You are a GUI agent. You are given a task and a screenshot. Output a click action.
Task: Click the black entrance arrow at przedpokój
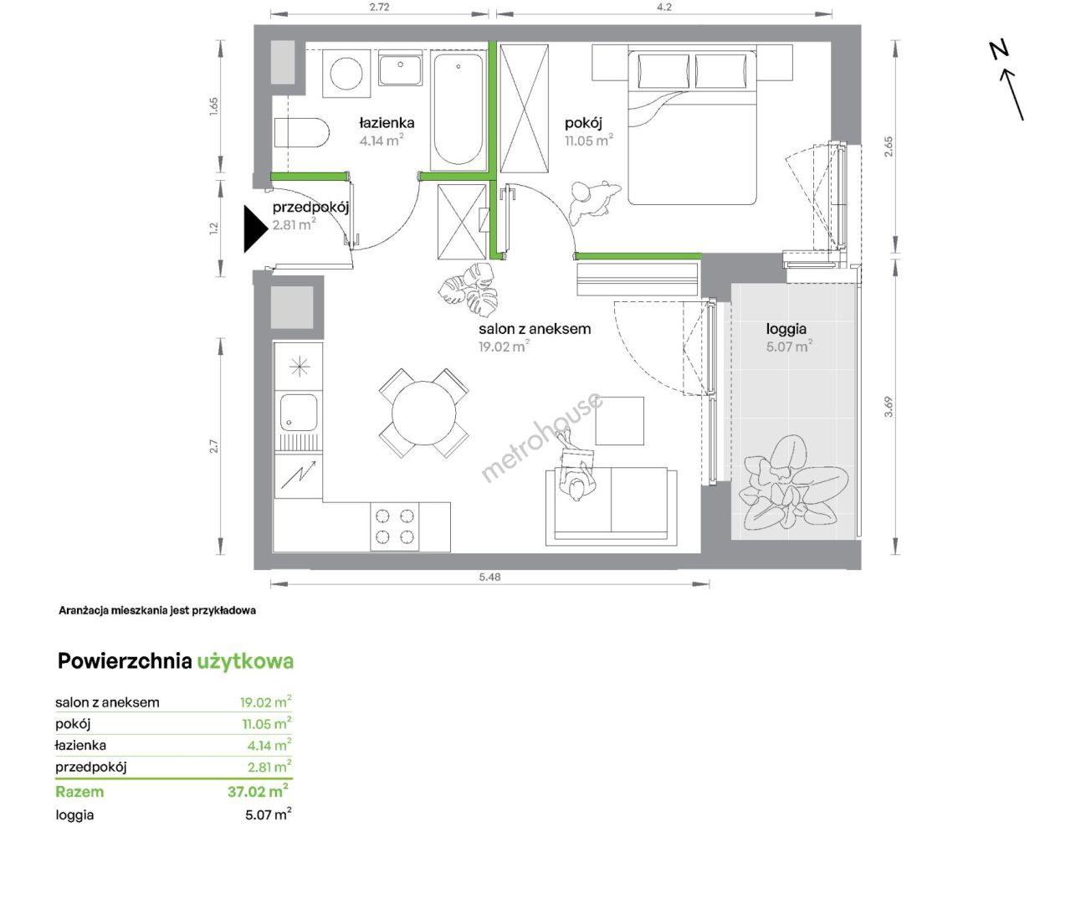[x=255, y=229]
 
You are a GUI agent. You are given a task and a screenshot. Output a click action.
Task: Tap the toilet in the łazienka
[x=301, y=133]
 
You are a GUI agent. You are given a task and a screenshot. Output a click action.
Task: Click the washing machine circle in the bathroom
[x=346, y=74]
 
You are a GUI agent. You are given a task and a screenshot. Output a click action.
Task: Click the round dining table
[x=423, y=413]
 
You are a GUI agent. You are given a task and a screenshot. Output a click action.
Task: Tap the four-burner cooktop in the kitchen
[x=395, y=526]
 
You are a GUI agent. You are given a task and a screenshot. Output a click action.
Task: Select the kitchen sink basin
[x=299, y=413]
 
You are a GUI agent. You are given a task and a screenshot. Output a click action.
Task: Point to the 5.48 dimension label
[x=489, y=578]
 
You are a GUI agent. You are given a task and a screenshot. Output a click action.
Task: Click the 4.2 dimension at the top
[x=663, y=7]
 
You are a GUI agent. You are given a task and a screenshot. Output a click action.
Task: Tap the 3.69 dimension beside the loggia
[x=889, y=407]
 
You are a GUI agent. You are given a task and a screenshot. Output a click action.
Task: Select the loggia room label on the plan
[x=786, y=329]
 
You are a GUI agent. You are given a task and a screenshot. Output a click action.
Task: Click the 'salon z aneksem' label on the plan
[x=535, y=329]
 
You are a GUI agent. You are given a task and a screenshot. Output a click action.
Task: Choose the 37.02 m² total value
[x=259, y=790]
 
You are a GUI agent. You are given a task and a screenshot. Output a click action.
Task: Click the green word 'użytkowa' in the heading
[x=245, y=662]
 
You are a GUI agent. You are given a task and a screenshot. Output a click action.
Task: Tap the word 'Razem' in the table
[x=79, y=792]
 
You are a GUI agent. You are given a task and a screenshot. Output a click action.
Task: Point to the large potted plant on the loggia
[x=792, y=484]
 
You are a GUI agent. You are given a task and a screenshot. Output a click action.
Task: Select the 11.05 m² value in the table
[x=267, y=723]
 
